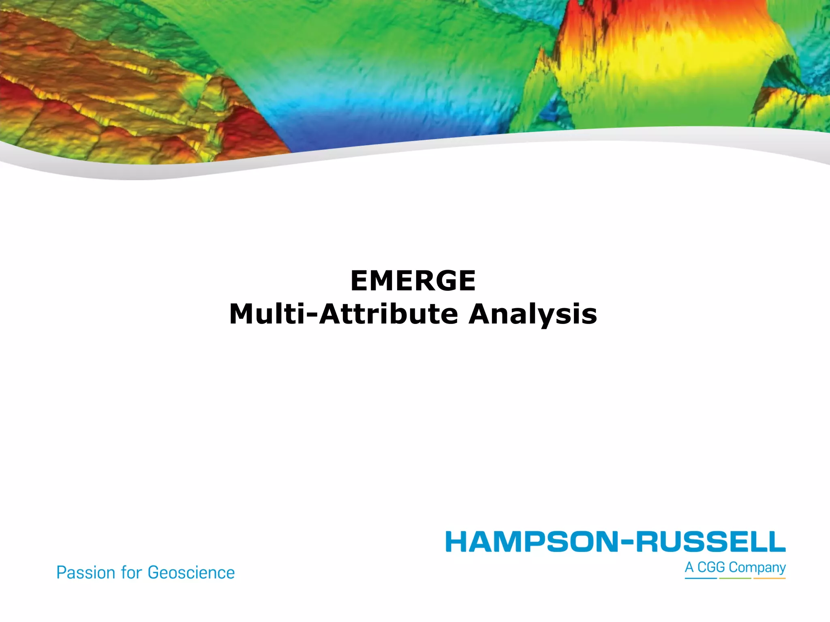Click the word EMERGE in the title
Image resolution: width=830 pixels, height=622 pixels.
tap(413, 281)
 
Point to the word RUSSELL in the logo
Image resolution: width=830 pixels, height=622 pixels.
tap(710, 542)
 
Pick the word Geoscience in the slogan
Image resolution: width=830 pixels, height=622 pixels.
tap(191, 573)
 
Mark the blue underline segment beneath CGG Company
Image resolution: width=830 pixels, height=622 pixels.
tap(701, 578)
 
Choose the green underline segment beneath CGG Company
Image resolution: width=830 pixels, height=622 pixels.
tap(735, 578)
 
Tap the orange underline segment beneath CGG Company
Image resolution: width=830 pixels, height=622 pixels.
tap(769, 578)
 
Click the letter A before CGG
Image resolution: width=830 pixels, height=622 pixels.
tap(689, 567)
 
